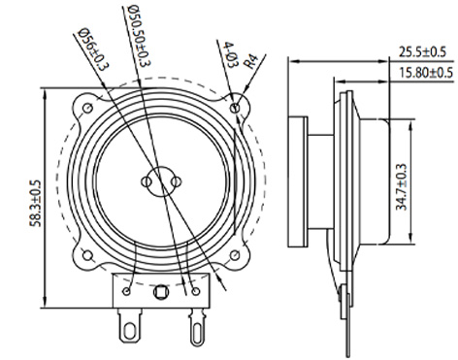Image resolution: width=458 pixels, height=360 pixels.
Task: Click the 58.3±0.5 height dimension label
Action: pos(36,204)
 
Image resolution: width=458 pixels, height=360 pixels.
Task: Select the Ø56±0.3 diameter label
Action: pos(93,49)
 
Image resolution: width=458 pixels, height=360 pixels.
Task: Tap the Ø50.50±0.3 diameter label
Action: pos(140,36)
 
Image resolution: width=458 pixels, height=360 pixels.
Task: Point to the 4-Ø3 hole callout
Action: pos(227,54)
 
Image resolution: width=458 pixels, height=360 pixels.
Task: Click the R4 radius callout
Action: pos(251,62)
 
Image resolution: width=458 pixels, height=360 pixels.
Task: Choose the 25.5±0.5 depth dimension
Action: pos(422,51)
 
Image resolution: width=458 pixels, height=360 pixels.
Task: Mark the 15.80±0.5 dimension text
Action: pos(426,73)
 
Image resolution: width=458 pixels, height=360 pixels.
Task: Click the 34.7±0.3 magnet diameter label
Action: pos(402,187)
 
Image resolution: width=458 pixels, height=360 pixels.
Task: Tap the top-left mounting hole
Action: pos(87,108)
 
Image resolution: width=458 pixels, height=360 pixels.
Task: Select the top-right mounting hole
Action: pos(236,108)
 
